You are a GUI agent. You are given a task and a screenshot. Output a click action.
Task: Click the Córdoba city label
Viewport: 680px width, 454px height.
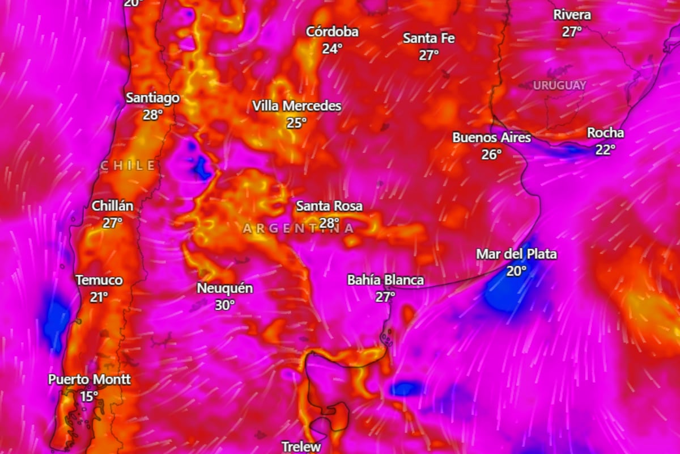332,32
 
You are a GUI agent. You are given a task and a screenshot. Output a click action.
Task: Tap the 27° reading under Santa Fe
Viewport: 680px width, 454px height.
429,55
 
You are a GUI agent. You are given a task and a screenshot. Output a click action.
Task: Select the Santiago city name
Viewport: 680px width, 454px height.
152,98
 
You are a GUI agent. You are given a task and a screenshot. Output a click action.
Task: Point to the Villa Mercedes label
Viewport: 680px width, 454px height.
296,106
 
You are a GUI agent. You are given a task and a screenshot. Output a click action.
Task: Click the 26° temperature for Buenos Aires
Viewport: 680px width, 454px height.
491,154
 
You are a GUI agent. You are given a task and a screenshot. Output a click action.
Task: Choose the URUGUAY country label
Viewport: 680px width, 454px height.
559,86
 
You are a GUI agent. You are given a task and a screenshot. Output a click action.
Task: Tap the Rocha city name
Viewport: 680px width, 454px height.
605,133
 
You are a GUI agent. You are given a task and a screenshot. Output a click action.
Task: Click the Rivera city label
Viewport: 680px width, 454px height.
572,15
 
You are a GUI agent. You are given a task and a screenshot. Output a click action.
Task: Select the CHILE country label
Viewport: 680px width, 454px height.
127,166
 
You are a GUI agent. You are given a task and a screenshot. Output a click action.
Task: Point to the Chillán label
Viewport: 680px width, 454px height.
112,206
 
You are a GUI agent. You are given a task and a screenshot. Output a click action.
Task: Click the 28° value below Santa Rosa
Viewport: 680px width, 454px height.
329,222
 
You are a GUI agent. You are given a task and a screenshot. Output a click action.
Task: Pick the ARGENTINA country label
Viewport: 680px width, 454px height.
298,229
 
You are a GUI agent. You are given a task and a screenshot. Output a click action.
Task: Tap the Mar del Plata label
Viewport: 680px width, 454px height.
516,254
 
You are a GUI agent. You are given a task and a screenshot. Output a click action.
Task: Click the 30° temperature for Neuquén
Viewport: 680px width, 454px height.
224,305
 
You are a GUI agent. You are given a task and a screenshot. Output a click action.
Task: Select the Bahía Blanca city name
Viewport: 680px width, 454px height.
385,280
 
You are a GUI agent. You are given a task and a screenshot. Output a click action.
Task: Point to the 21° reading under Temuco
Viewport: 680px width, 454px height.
99,296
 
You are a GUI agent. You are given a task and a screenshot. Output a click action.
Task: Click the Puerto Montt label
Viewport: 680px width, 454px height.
89,380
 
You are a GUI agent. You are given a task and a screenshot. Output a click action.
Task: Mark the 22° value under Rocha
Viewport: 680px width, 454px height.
605,149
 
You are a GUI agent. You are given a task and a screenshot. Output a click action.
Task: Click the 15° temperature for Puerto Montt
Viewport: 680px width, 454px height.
89,396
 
